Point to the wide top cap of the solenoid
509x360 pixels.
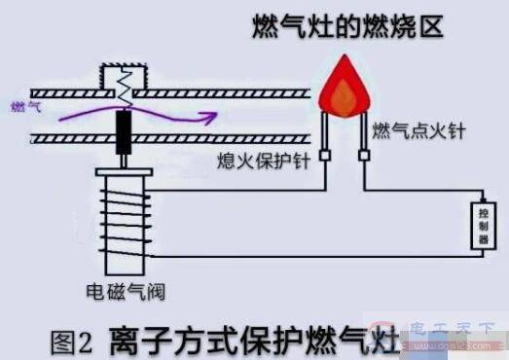click(124, 177)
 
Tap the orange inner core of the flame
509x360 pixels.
click(342, 92)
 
